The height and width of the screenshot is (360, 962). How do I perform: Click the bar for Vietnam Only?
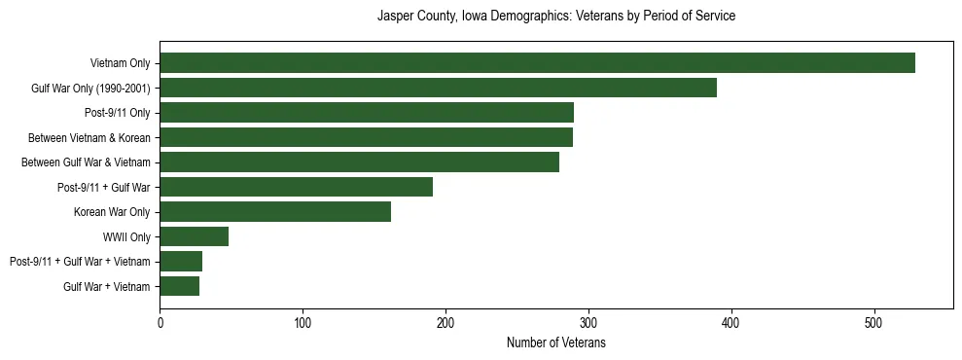pyautogui.click(x=537, y=63)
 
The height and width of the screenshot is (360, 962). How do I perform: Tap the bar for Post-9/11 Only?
pyautogui.click(x=367, y=113)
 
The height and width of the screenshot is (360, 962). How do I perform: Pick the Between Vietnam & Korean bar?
pyautogui.click(x=366, y=137)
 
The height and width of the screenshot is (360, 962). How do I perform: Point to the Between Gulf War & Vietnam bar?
pyautogui.click(x=359, y=162)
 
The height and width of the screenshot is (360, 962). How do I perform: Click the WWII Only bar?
pyautogui.click(x=194, y=236)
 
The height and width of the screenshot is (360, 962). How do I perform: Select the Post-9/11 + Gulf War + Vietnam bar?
pyautogui.click(x=181, y=262)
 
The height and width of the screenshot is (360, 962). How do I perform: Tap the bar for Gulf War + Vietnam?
pyautogui.click(x=179, y=286)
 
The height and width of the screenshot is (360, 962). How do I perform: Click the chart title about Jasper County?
pyautogui.click(x=555, y=17)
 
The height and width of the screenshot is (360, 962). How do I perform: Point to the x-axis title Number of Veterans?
pyautogui.click(x=555, y=342)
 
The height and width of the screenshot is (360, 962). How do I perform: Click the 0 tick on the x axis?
pyautogui.click(x=160, y=321)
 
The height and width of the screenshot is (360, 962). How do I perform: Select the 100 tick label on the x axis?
pyautogui.click(x=303, y=321)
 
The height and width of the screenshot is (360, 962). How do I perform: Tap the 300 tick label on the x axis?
pyautogui.click(x=588, y=321)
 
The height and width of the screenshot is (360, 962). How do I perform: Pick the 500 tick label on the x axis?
pyautogui.click(x=874, y=321)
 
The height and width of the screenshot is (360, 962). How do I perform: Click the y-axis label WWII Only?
pyautogui.click(x=126, y=237)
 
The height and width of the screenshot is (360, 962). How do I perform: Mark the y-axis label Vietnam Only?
pyautogui.click(x=120, y=63)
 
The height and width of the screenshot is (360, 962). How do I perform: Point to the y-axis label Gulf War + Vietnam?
pyautogui.click(x=107, y=287)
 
